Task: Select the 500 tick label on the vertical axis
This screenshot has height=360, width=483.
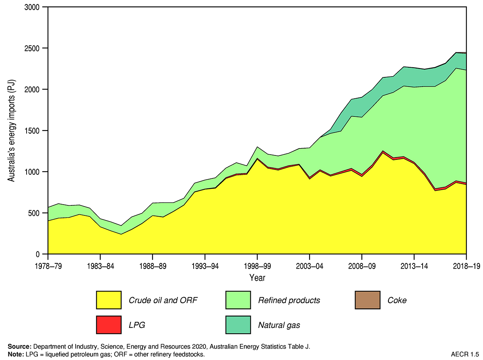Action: pyautogui.click(x=36, y=213)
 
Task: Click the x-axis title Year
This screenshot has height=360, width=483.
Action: pyautogui.click(x=257, y=277)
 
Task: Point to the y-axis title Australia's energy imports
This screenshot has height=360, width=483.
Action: pyautogui.click(x=12, y=130)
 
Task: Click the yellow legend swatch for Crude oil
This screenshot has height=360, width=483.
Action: pyautogui.click(x=109, y=300)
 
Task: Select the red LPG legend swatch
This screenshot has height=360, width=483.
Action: pyautogui.click(x=109, y=325)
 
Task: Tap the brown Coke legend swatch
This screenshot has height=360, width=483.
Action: pyautogui.click(x=367, y=300)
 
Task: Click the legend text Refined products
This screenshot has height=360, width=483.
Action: pyautogui.click(x=289, y=300)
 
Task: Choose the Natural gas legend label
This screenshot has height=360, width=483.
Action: pyautogui.click(x=279, y=325)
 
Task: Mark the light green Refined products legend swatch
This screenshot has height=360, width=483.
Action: pyautogui.click(x=238, y=300)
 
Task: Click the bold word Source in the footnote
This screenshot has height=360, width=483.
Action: pyautogui.click(x=19, y=346)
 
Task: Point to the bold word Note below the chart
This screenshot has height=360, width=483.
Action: pyautogui.click(x=15, y=354)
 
